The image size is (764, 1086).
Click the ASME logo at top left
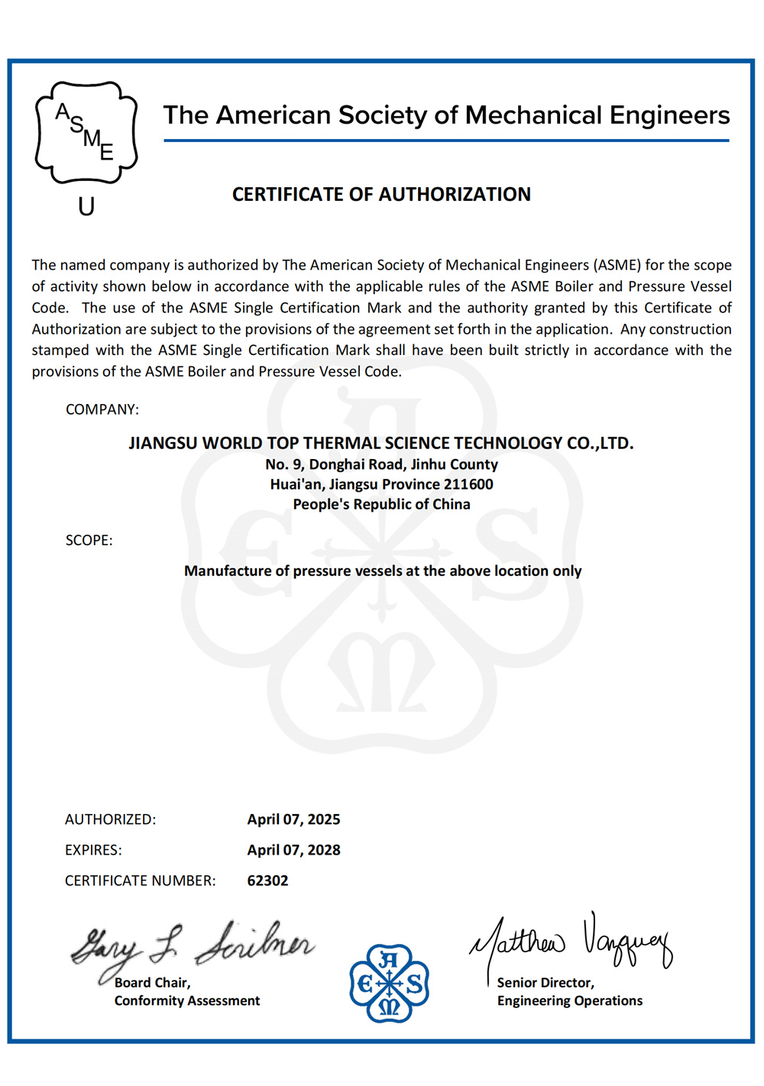coord(86,133)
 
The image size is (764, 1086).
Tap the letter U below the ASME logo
coord(86,207)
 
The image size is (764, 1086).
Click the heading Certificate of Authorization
coord(381,195)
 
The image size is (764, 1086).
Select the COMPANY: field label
coord(102,409)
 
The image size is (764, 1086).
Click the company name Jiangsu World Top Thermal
coord(380,443)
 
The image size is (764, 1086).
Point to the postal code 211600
coord(470,484)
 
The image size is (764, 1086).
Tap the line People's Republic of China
coord(381,504)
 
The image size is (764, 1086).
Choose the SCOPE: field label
coord(89,540)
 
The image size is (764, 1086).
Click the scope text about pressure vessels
coord(383,570)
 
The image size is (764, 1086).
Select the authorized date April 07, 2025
coord(293,819)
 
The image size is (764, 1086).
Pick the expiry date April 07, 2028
coord(293,850)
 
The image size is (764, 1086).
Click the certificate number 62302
coord(267,881)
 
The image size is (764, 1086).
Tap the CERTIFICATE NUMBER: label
coord(140,881)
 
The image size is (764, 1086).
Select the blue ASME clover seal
coord(389,984)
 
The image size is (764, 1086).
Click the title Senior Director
coord(545,983)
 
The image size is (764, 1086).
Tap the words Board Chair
coord(152,983)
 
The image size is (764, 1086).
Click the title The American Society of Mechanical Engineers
coord(446,115)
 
